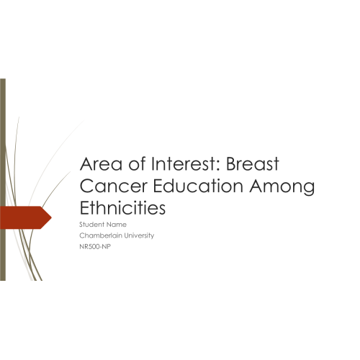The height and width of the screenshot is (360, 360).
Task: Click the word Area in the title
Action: coord(101,163)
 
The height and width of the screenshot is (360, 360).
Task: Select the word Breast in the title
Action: coord(253,163)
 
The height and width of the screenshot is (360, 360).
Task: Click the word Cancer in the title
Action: coord(113,186)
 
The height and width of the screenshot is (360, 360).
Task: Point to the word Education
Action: coord(198,186)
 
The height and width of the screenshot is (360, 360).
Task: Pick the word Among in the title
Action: coord(282,187)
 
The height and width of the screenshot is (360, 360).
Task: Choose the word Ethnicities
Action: coord(122,207)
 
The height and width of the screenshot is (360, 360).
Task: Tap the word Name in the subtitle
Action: coord(117,225)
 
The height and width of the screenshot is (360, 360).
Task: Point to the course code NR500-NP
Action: coord(95,246)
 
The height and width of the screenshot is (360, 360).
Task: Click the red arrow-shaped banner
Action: coord(25,217)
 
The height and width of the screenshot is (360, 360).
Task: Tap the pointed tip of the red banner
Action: coord(51,217)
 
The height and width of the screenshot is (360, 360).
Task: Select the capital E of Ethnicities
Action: coord(84,207)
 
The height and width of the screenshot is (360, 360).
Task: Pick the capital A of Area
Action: coord(86,164)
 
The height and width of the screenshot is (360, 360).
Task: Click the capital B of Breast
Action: coord(231,164)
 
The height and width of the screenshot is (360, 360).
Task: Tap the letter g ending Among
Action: coord(309,189)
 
